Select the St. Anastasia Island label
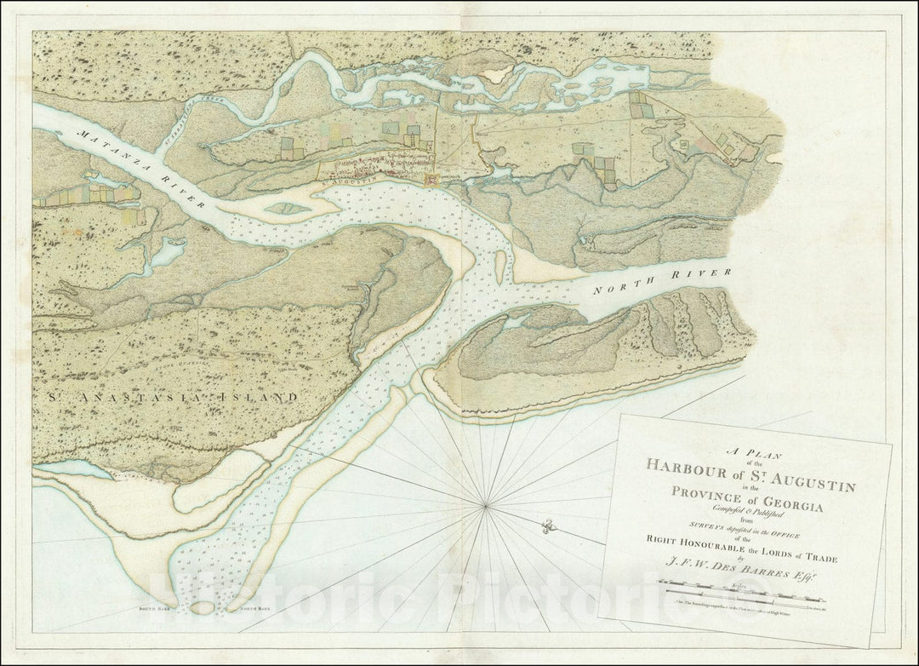[167, 397]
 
